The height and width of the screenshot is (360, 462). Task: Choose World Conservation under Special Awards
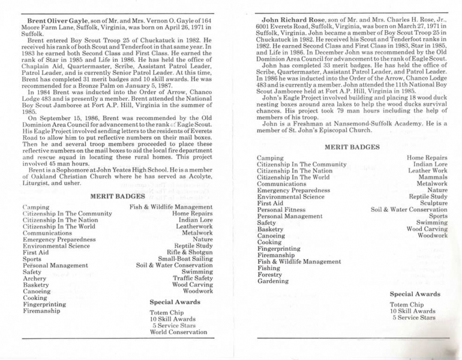point(178,332)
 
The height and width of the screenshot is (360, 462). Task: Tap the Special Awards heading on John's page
point(415,294)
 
